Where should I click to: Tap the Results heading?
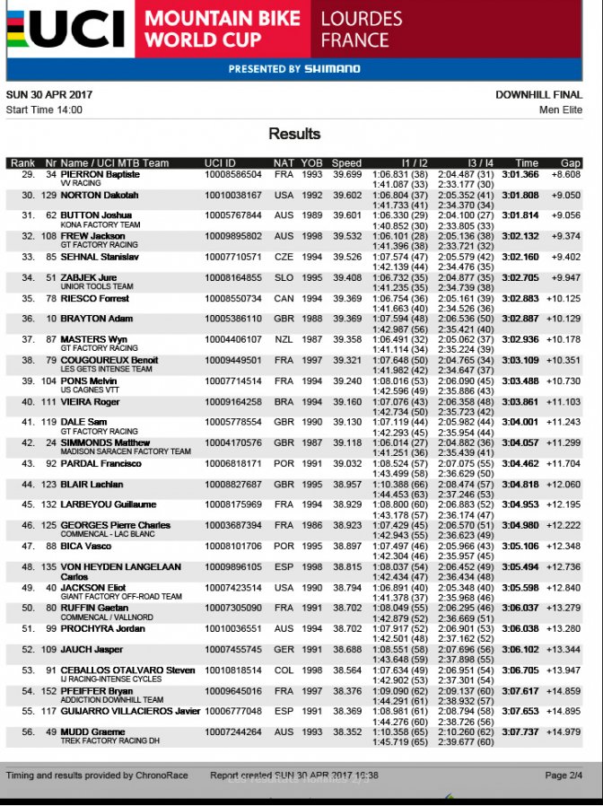(x=294, y=134)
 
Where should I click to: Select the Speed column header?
(x=346, y=163)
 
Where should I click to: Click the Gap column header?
(x=571, y=163)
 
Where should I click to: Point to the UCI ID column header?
(x=221, y=163)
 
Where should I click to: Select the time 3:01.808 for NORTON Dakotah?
(x=520, y=195)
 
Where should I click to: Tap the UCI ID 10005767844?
(x=233, y=215)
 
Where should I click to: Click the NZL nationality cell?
(x=284, y=339)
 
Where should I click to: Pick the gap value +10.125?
(x=565, y=298)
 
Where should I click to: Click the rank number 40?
(x=28, y=401)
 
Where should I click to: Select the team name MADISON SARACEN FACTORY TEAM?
(x=126, y=451)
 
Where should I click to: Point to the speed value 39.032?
(x=346, y=463)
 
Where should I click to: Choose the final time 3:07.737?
(x=520, y=732)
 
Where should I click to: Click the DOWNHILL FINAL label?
(x=538, y=94)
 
